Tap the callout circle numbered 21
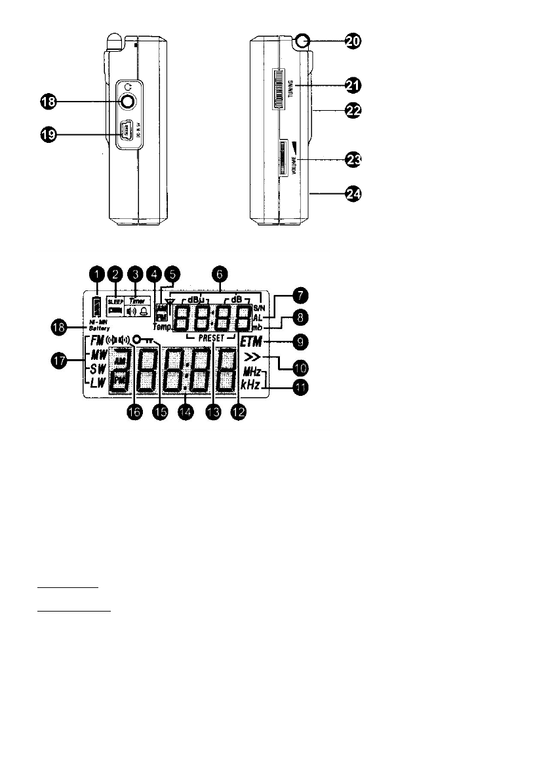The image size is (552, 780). click(x=353, y=85)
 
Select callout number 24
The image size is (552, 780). click(x=353, y=194)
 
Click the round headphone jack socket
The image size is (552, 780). click(x=127, y=102)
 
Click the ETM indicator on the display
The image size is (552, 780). click(x=250, y=341)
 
